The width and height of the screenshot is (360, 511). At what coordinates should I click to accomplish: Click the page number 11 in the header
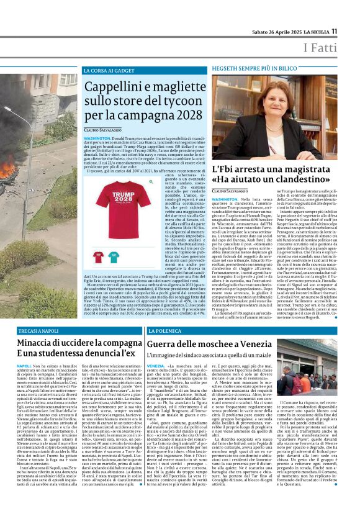click(351, 32)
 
